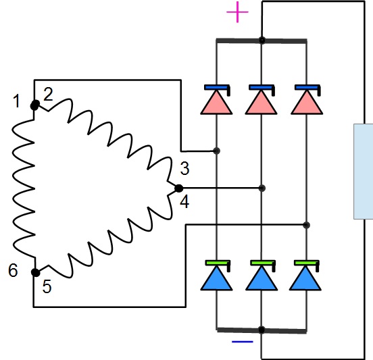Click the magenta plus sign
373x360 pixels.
[x=237, y=12]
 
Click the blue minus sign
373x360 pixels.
[x=243, y=342]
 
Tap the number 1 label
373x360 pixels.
[x=16, y=101]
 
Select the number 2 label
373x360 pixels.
[x=48, y=94]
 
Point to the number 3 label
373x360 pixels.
[x=185, y=169]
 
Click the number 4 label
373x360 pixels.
[x=184, y=201]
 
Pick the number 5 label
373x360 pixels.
[x=47, y=286]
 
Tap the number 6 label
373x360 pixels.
[x=13, y=270]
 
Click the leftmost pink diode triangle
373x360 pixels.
[x=216, y=103]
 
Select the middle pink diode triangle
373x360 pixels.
[x=262, y=103]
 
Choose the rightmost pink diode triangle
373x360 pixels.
[x=307, y=103]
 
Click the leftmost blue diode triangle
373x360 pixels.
[x=216, y=278]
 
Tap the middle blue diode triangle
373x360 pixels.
[x=262, y=278]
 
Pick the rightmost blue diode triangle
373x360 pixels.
[x=305, y=278]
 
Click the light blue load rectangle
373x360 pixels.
[x=364, y=172]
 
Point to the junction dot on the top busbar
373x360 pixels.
[x=262, y=40]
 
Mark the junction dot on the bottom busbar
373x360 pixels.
[x=262, y=330]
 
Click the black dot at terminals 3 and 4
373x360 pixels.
[x=178, y=188]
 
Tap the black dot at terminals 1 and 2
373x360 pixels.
[x=35, y=105]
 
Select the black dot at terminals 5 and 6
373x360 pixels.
[x=35, y=272]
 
